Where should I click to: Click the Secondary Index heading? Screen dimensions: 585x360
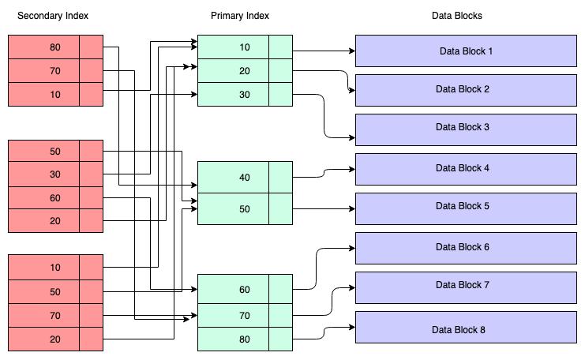[x=53, y=16]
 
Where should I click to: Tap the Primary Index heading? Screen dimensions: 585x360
[x=239, y=16]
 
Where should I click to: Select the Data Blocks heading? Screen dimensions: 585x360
[x=456, y=16]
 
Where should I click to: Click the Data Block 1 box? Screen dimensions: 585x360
[x=466, y=51]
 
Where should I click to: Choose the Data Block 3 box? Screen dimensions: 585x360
[x=466, y=129]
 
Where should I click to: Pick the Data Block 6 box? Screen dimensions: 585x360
[x=466, y=248]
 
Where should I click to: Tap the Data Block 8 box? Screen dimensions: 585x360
[x=466, y=327]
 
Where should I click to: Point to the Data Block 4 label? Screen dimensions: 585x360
[x=463, y=168]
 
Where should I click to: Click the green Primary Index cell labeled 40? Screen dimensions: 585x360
[x=233, y=177]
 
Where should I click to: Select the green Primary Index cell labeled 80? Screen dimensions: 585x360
[x=233, y=339]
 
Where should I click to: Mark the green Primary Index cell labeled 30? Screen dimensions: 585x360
[x=233, y=95]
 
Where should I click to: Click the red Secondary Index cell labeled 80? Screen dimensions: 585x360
[x=43, y=47]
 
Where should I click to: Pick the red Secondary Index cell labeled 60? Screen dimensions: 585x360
[x=43, y=197]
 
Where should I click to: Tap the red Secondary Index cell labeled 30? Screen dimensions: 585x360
[x=43, y=174]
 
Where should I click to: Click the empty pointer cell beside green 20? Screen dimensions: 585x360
[x=280, y=70]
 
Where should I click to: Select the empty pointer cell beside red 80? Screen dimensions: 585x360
[x=91, y=47]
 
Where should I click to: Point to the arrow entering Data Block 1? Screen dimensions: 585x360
[x=324, y=51]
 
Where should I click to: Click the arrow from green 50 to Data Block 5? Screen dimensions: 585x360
[x=324, y=209]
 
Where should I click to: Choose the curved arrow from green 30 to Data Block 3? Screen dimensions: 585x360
[x=324, y=116]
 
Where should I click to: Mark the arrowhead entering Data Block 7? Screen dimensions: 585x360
[x=352, y=287]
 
